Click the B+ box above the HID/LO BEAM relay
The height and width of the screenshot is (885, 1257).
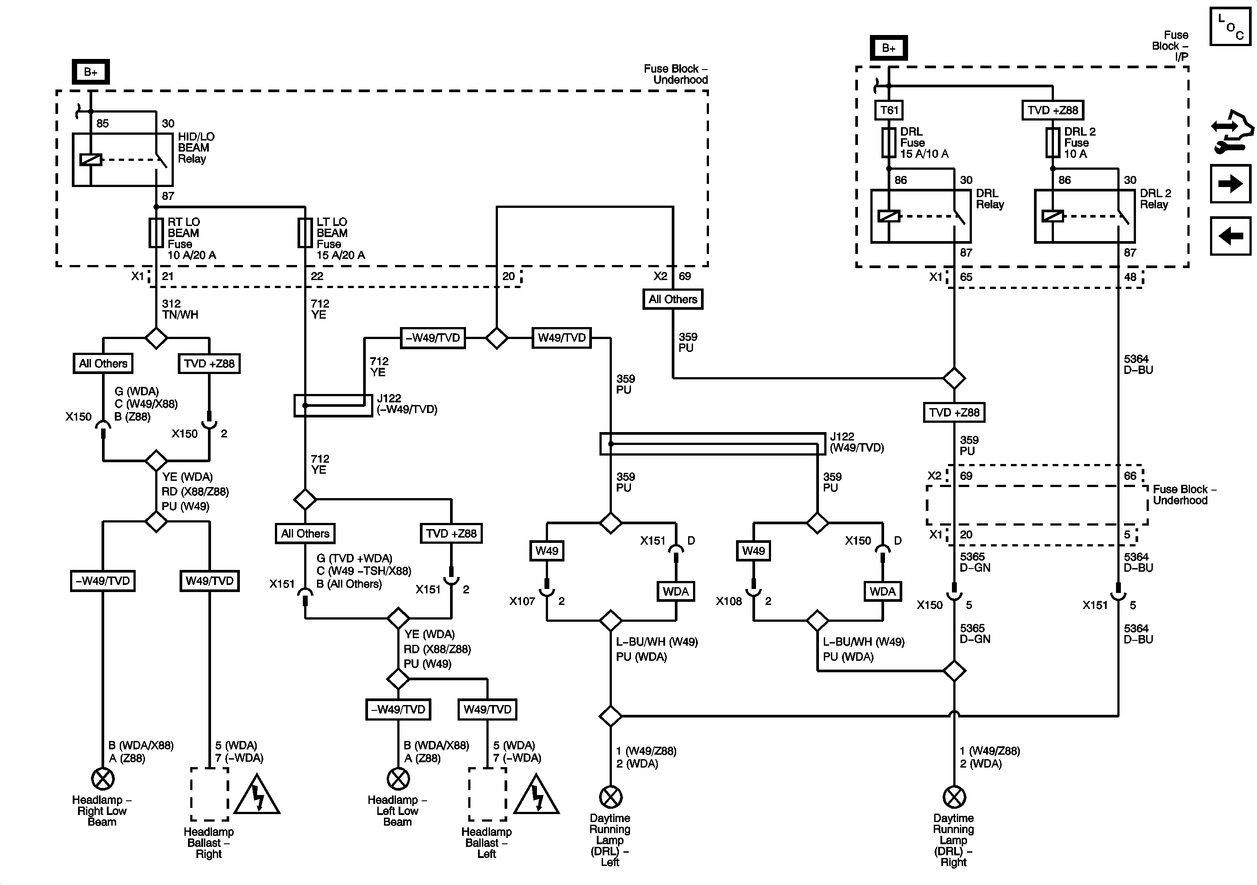[91, 72]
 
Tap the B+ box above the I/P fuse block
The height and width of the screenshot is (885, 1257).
[889, 48]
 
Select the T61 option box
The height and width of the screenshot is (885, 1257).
[889, 110]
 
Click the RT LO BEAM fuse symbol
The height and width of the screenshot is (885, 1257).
[156, 233]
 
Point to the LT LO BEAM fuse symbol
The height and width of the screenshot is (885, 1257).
[305, 233]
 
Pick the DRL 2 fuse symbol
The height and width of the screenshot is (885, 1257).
[1052, 143]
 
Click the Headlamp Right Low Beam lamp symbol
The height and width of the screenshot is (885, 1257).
[102, 779]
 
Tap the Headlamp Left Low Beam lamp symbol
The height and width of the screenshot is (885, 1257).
[398, 779]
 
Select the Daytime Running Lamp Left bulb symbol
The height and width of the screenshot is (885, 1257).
[611, 797]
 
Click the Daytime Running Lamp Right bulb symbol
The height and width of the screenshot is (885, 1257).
[954, 797]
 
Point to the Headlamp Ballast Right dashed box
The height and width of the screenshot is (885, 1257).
[210, 794]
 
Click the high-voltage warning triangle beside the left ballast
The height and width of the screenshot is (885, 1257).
[536, 794]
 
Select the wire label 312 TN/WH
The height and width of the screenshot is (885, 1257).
[180, 309]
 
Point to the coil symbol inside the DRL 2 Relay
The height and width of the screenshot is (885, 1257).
[1052, 216]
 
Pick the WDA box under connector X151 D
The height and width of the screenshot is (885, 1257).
[676, 592]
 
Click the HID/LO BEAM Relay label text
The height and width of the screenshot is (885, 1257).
[196, 148]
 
